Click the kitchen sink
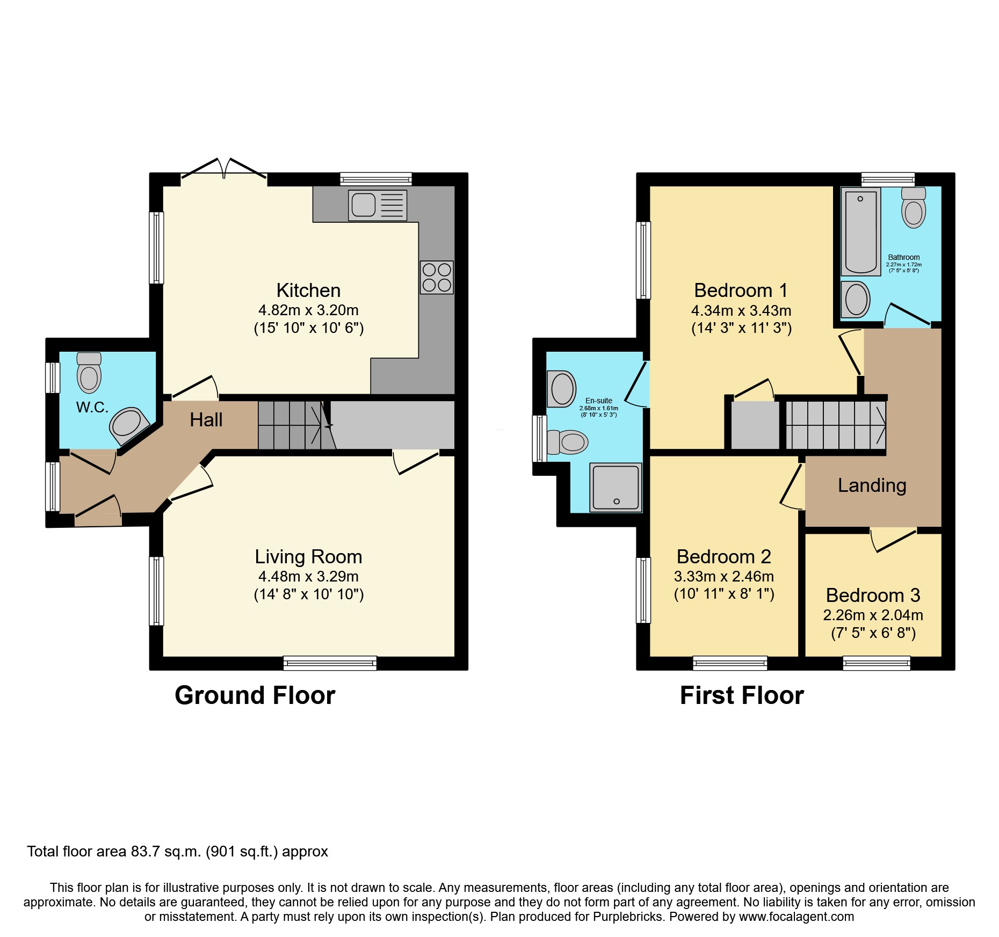tap(377, 205)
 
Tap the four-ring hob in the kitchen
tap(437, 277)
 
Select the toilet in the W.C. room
tap(89, 373)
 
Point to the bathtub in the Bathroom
tap(860, 232)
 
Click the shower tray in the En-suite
tap(616, 487)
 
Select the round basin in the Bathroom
tap(855, 300)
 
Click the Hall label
tap(206, 420)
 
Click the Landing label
tap(872, 485)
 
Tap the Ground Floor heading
tap(255, 695)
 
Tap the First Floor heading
tap(741, 695)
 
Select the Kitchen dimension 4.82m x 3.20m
tap(308, 310)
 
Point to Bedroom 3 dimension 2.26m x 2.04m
tap(873, 615)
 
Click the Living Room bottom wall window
tap(330, 664)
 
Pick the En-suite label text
tap(598, 401)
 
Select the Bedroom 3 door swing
tap(893, 540)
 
